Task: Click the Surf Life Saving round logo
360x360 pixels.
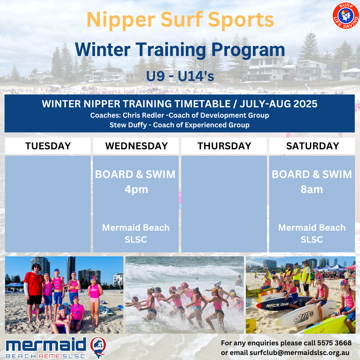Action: coord(346,16)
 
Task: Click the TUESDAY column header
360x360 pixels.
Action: coord(48,146)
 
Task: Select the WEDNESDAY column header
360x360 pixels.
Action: coord(136,146)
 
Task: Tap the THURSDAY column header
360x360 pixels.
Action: coord(224,146)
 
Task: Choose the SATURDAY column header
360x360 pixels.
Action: coord(312,146)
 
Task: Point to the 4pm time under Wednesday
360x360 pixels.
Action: coord(136,190)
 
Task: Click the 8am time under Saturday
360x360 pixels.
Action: coord(312,189)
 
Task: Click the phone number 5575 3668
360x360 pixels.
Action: coord(334,343)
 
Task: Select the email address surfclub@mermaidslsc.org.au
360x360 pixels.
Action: coord(299,353)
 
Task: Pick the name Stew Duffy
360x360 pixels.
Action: coord(128,125)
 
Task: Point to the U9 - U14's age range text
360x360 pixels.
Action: coord(180,76)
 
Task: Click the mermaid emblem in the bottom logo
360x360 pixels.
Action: coord(98,347)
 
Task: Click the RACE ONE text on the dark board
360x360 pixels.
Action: coord(277,305)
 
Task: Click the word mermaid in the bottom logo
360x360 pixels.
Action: coord(46,344)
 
